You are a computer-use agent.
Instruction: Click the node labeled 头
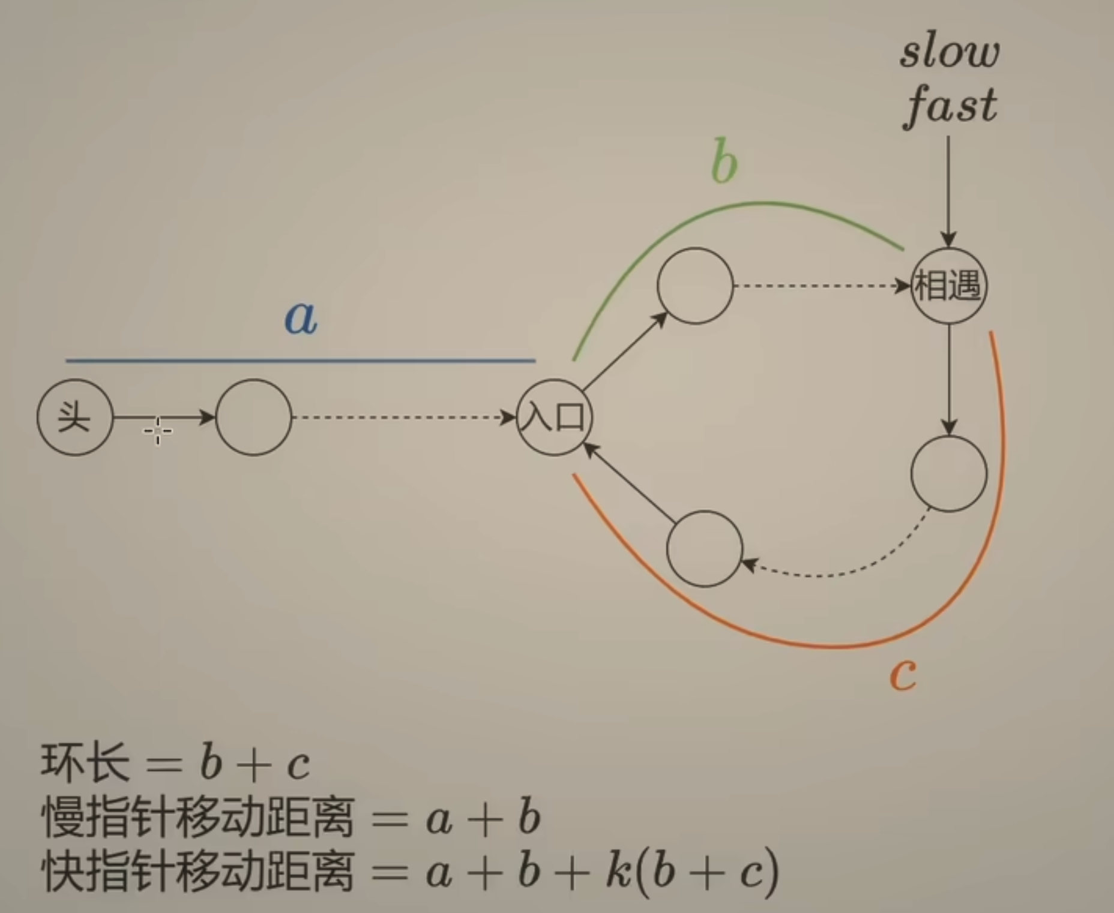coord(75,417)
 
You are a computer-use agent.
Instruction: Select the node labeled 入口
coord(554,417)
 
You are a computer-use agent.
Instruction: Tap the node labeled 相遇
coord(948,286)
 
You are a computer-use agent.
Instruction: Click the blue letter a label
coord(301,317)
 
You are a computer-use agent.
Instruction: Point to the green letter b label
coord(724,163)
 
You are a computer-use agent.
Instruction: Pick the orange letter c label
coord(903,674)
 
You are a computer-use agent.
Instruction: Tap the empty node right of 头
coord(253,417)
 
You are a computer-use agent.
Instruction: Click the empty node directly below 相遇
coord(948,474)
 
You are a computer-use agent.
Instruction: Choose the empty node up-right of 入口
coord(695,286)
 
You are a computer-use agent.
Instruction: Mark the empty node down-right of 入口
coord(705,548)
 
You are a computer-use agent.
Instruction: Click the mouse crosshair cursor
coord(158,431)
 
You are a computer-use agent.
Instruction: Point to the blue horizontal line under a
coord(300,361)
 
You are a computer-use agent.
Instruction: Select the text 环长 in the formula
coord(85,763)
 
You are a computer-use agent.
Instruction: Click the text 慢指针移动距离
coord(198,818)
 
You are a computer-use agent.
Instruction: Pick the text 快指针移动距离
coord(198,872)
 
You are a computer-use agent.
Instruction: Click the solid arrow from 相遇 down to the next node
coord(948,378)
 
